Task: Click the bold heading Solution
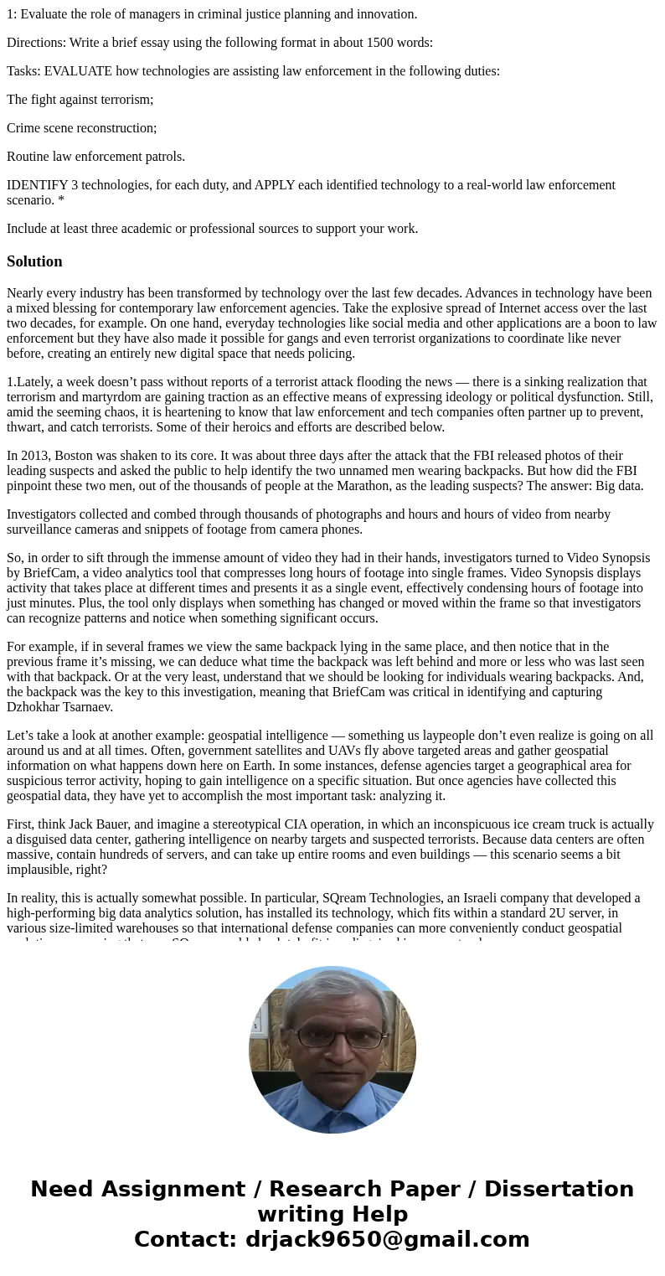click(34, 261)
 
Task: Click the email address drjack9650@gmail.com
click(387, 1239)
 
